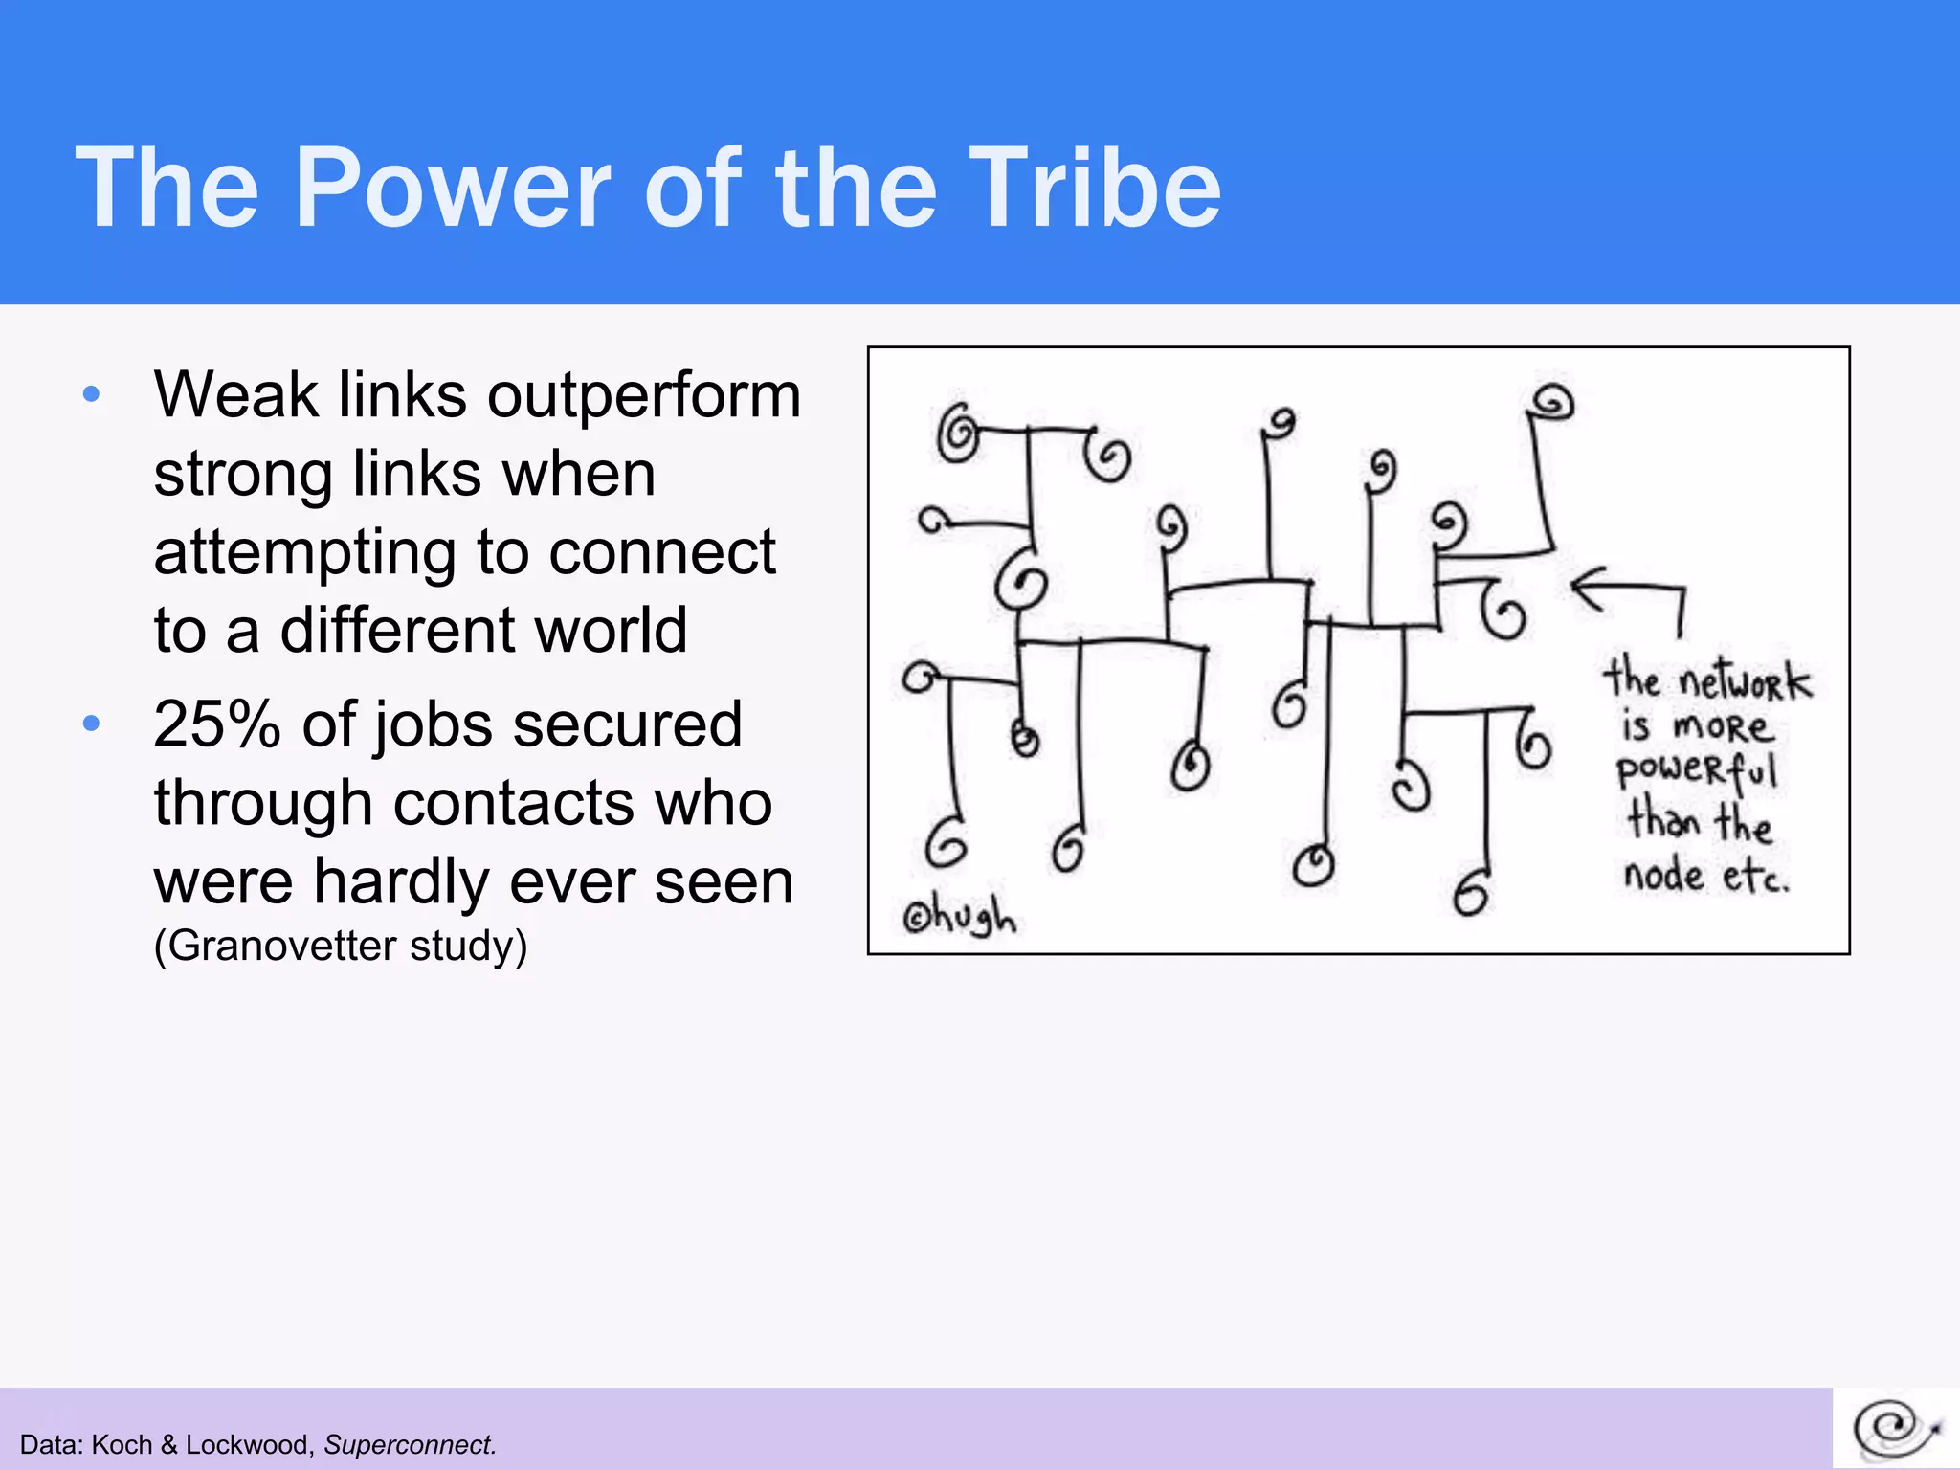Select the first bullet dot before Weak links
click(92, 394)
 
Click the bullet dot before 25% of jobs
click(92, 723)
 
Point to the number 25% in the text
click(217, 724)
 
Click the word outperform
click(644, 396)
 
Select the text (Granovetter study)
click(341, 946)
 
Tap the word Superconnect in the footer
click(409, 1444)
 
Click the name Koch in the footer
click(122, 1444)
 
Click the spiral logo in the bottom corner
click(1896, 1429)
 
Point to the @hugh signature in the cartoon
click(958, 916)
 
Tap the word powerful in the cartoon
click(1696, 771)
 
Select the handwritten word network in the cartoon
click(1745, 681)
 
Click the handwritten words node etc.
click(1704, 875)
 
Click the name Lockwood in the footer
click(246, 1444)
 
